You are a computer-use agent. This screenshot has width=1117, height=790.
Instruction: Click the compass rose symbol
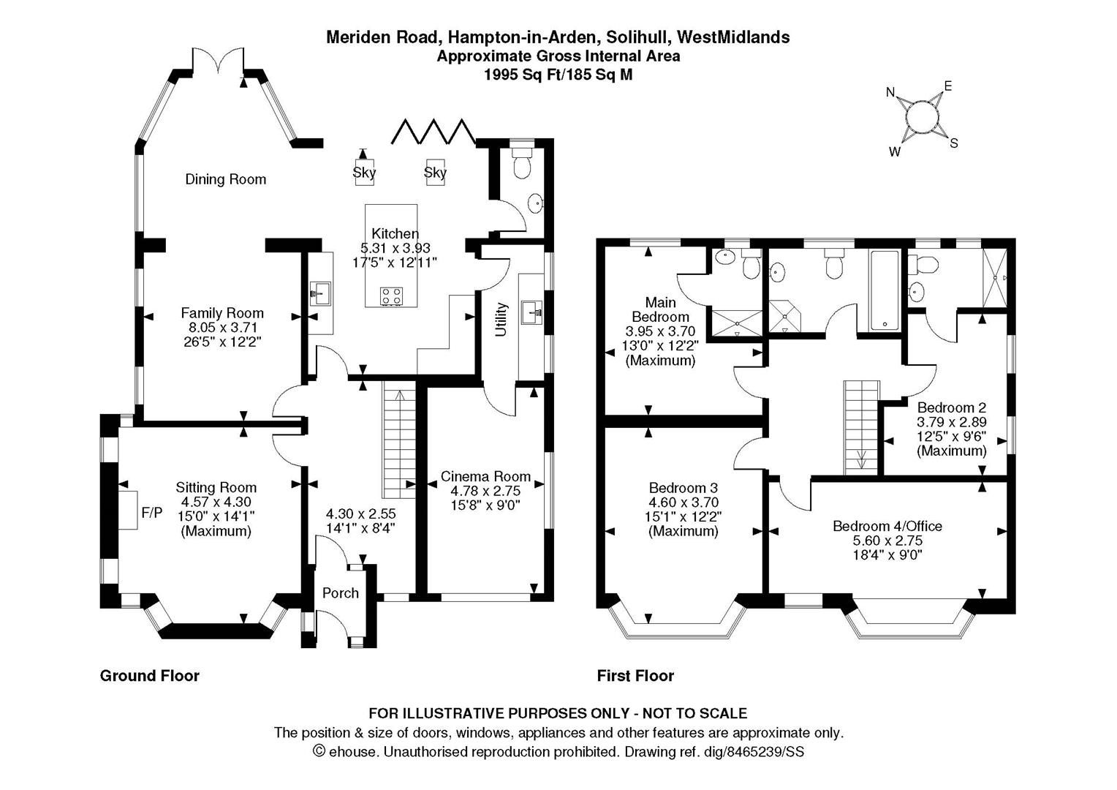click(922, 117)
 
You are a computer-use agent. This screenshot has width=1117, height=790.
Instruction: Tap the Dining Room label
click(225, 179)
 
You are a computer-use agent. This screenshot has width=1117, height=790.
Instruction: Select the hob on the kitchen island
click(391, 296)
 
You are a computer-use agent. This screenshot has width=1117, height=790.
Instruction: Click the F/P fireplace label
click(151, 513)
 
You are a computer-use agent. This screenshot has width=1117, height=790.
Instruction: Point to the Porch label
click(341, 592)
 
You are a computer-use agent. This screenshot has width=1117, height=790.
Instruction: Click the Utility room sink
click(531, 311)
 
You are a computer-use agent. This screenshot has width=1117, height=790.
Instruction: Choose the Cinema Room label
click(485, 477)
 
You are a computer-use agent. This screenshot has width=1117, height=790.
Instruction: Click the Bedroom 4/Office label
click(887, 526)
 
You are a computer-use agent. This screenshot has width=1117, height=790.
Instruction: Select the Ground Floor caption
click(149, 676)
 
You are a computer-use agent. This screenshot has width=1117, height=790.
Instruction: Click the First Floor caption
click(635, 676)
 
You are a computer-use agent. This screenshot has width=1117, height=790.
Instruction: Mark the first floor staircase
click(860, 428)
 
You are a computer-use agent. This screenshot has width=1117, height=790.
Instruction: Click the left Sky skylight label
click(364, 173)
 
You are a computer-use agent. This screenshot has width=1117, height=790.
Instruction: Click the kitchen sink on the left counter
click(319, 294)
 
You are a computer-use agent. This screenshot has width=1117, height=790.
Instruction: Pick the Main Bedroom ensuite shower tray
click(736, 323)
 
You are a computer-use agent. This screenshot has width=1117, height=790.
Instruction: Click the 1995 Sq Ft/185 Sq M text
click(558, 74)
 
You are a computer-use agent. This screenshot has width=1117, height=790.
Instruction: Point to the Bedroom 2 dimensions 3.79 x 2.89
click(951, 422)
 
